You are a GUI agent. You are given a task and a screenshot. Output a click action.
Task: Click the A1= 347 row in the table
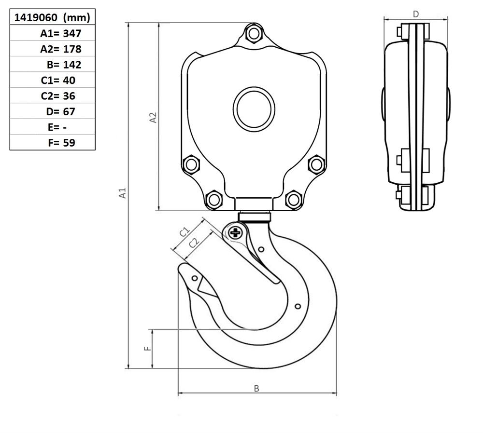tap(61, 33)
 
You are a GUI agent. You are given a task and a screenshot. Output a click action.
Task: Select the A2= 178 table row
tap(61, 49)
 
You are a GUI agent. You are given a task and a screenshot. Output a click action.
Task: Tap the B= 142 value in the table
tap(64, 65)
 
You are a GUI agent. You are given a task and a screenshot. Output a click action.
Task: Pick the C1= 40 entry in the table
tap(58, 80)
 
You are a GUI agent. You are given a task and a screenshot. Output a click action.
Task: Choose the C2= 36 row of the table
tap(58, 96)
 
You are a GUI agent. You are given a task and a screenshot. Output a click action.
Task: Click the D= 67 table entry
tap(61, 111)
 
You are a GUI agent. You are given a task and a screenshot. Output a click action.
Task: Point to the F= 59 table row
tap(62, 143)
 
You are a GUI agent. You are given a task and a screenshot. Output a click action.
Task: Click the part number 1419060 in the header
tap(36, 17)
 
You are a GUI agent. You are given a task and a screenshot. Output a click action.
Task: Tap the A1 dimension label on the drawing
tap(123, 193)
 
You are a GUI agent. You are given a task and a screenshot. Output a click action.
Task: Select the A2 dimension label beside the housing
tap(153, 118)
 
